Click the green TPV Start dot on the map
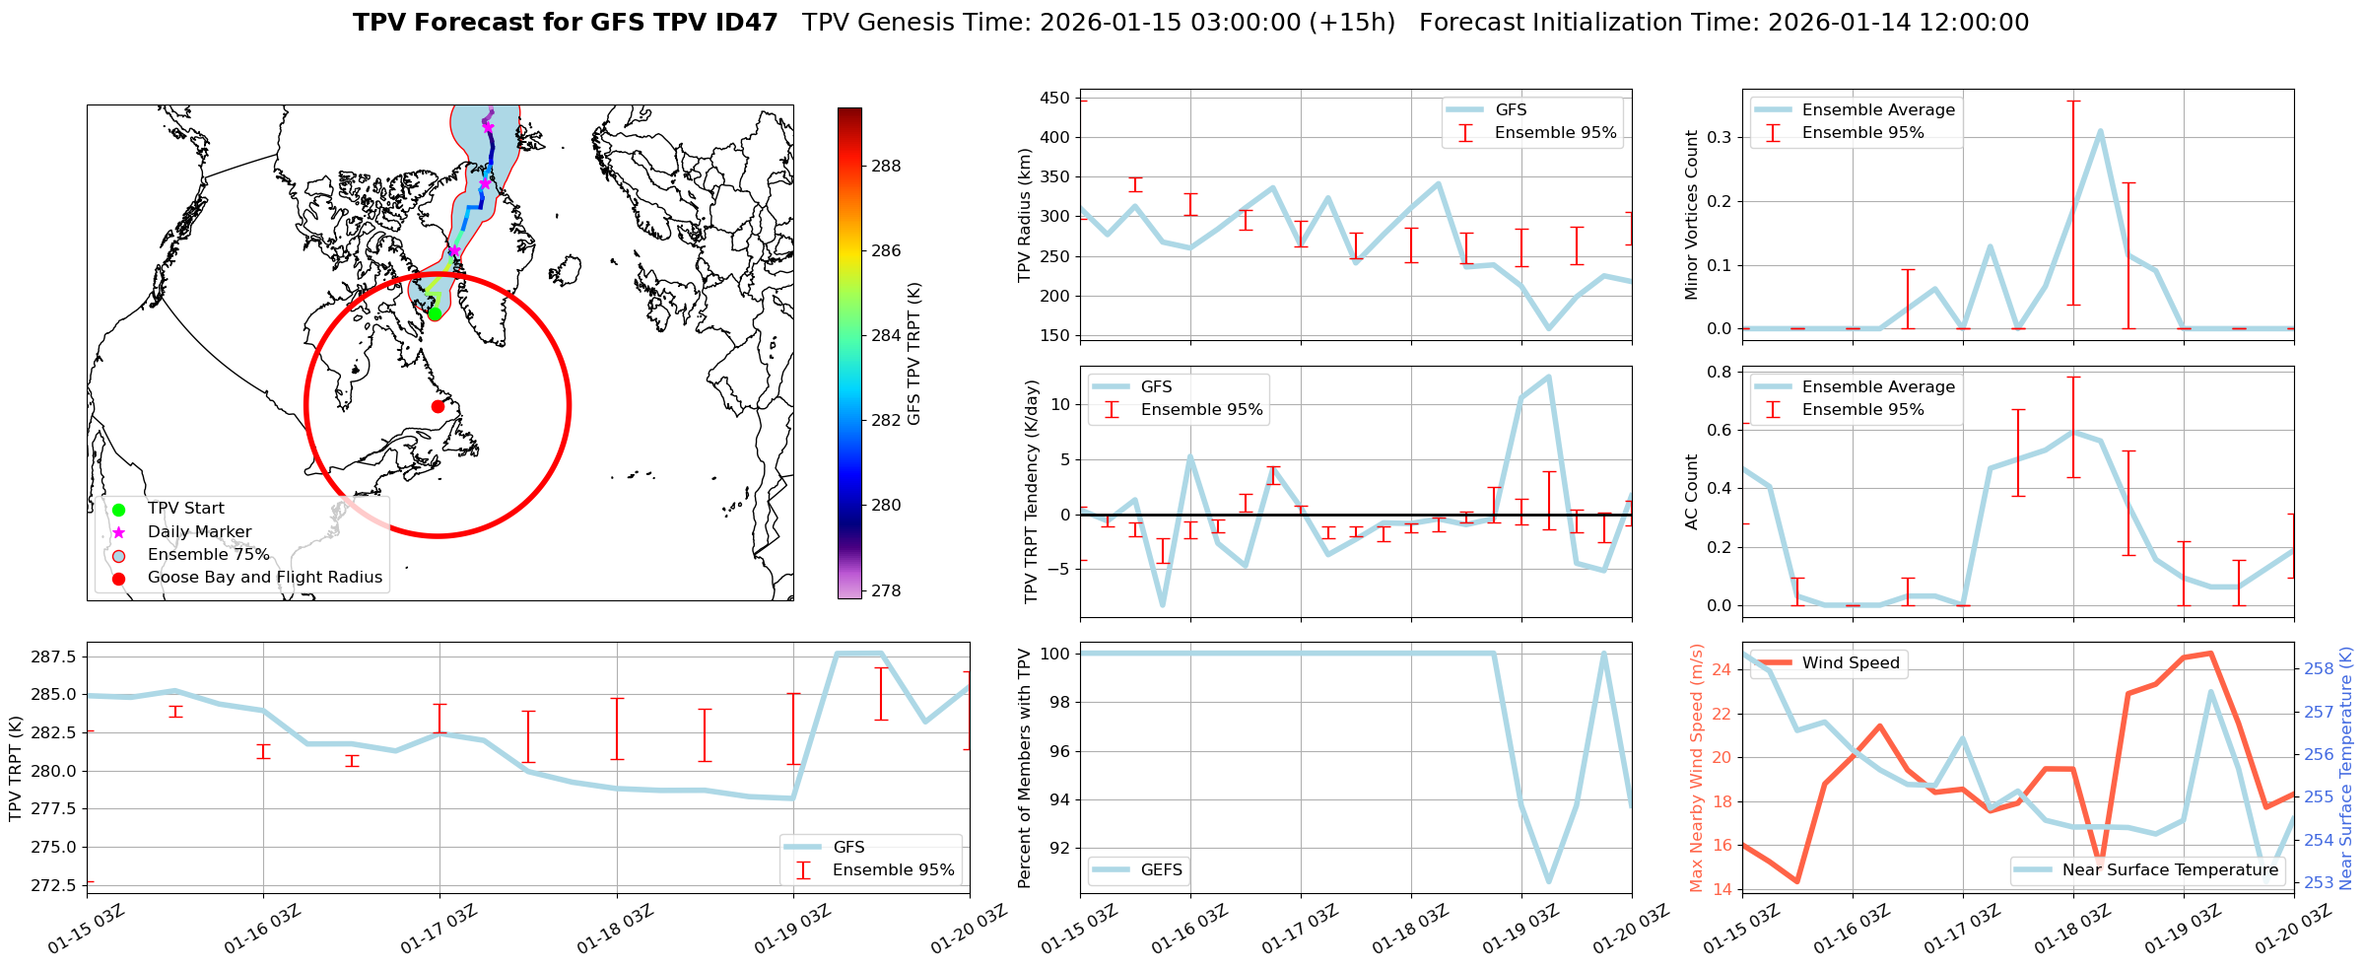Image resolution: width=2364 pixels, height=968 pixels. click(x=435, y=313)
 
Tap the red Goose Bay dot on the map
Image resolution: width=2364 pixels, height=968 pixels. click(x=438, y=406)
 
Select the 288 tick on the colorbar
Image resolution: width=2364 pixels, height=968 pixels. click(x=886, y=166)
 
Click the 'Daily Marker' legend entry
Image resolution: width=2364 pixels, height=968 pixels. click(x=199, y=531)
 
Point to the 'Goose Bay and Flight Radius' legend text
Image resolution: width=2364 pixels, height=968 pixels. click(x=264, y=578)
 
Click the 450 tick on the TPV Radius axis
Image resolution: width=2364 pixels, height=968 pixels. click(x=1054, y=99)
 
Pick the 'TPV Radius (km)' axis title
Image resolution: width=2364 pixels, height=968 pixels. click(x=1025, y=215)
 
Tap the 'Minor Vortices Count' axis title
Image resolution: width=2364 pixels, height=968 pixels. click(x=1691, y=215)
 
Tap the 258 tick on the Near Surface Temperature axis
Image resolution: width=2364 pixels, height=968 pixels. click(x=2318, y=669)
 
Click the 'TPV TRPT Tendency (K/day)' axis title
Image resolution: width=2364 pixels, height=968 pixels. click(x=1032, y=491)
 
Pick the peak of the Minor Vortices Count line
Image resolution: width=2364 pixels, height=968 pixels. click(x=2101, y=131)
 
